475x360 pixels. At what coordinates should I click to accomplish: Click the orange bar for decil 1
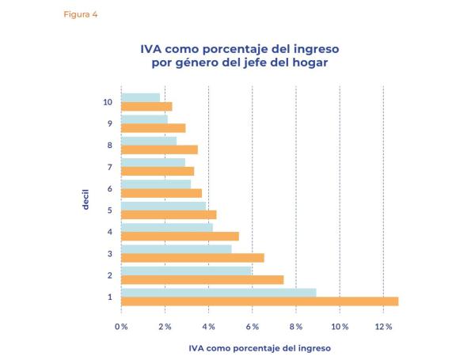(260, 301)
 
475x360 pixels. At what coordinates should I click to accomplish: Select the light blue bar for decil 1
(218, 293)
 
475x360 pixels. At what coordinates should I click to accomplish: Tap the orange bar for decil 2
(202, 279)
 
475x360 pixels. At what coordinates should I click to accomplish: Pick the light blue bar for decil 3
(176, 249)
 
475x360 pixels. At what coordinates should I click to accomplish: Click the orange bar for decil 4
(180, 236)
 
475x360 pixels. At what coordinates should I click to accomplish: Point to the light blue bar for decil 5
(163, 206)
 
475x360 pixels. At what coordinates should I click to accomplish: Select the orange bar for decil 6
(161, 193)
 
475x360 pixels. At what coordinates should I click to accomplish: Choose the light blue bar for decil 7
(153, 162)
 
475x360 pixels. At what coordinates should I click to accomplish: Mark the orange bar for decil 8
(159, 150)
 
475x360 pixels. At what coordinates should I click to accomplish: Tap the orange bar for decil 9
(153, 128)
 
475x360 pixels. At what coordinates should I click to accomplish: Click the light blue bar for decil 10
(140, 97)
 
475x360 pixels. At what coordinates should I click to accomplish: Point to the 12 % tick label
(383, 326)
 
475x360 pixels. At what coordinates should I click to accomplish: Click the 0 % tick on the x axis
(121, 326)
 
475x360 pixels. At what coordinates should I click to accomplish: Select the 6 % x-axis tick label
(252, 326)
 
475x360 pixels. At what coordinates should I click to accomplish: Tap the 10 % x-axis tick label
(340, 326)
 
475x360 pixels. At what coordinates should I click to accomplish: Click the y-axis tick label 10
(108, 102)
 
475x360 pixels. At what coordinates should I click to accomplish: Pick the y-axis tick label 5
(110, 210)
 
